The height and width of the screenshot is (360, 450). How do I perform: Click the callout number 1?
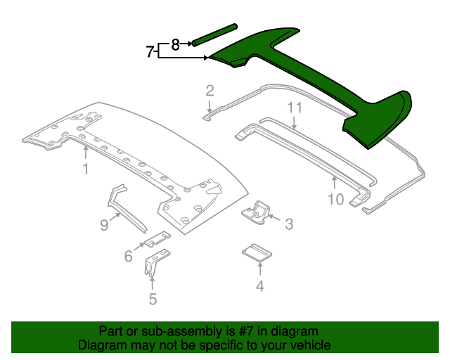[x=85, y=169]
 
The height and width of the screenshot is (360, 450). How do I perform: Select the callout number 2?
[x=210, y=89]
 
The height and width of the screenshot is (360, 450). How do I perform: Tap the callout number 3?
[x=288, y=224]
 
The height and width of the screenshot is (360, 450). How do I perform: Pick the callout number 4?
[x=260, y=286]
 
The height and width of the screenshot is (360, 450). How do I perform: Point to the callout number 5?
[x=153, y=300]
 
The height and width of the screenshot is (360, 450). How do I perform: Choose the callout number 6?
[x=129, y=257]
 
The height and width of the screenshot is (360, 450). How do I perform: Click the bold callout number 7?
[x=150, y=51]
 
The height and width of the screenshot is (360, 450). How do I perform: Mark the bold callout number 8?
[x=176, y=44]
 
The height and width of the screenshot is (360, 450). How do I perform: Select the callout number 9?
[x=104, y=225]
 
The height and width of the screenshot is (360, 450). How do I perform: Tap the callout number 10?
[x=335, y=200]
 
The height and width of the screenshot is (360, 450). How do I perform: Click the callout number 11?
[x=294, y=108]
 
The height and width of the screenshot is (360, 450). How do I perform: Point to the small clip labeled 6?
[x=157, y=239]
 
